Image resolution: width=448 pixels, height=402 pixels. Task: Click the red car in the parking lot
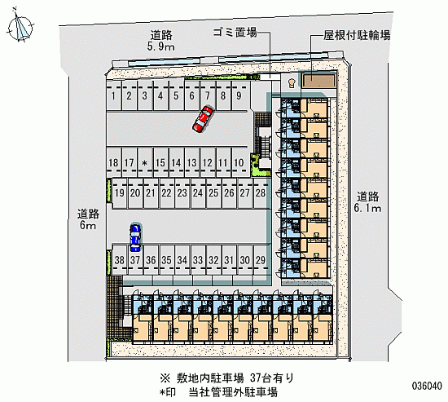pos(203,119)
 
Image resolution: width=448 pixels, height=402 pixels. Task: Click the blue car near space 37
pos(135,238)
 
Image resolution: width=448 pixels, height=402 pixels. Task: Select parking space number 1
pos(114,96)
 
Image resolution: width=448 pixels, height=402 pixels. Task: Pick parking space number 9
pos(239,96)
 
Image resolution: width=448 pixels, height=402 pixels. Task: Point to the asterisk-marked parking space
pos(145,162)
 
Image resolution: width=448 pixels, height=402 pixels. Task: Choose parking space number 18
pos(114,162)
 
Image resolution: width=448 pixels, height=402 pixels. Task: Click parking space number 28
pos(261,193)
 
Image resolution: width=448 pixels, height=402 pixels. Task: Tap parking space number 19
pos(120,193)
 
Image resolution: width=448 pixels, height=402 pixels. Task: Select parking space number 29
pos(261,260)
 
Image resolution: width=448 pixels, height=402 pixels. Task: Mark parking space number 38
pos(120,260)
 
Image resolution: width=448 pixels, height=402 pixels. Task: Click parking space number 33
pos(198,260)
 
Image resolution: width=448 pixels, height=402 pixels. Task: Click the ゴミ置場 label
pos(235,33)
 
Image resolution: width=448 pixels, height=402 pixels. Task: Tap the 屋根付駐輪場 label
pos(357,35)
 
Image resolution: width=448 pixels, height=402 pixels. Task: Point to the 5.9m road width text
pos(160,46)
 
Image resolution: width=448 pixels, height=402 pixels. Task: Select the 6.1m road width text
pos(367,208)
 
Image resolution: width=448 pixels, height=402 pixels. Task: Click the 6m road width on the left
pos(88,226)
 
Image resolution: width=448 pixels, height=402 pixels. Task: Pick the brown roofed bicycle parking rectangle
pos(318,81)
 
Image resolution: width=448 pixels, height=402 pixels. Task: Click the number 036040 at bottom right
pos(427,386)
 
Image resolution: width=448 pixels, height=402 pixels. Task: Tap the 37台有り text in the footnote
pos(272,378)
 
